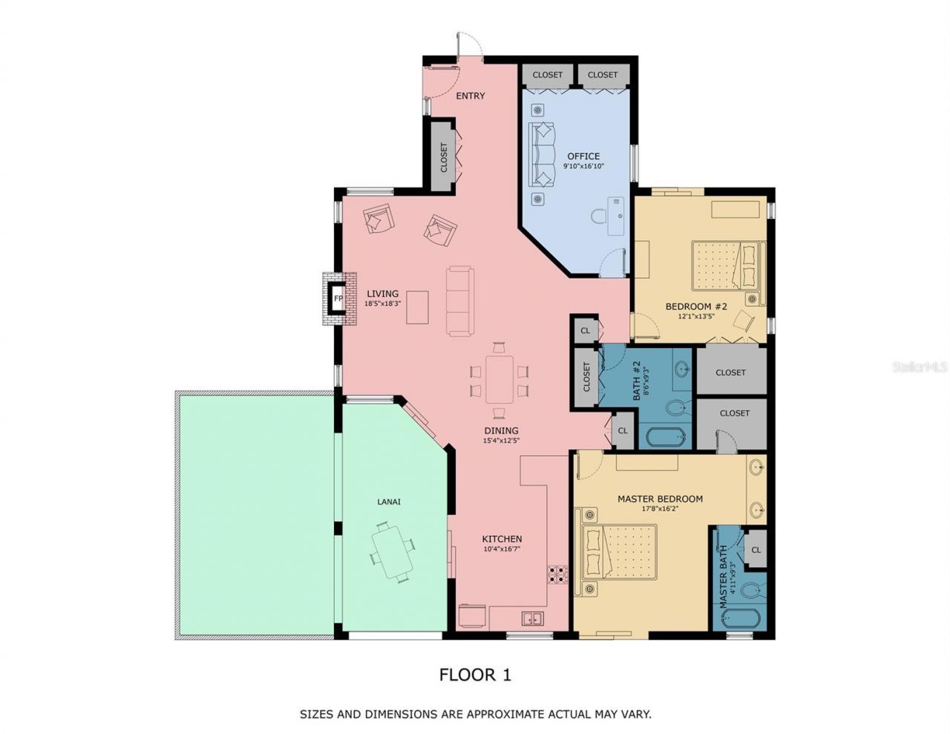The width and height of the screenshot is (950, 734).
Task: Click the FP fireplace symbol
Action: [338, 299]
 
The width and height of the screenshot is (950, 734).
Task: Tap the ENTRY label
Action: [470, 96]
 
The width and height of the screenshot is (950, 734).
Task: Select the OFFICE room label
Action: [583, 156]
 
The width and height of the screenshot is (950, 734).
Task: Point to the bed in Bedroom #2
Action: [727, 266]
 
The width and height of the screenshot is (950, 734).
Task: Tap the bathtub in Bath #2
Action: [666, 436]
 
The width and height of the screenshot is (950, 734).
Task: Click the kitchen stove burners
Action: [557, 574]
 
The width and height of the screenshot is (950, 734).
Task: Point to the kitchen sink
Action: [532, 617]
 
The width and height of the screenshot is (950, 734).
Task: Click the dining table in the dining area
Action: [499, 379]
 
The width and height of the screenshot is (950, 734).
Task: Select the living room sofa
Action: [459, 301]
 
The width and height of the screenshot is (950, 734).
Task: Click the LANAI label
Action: [389, 502]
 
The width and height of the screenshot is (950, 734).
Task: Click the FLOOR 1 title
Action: [475, 675]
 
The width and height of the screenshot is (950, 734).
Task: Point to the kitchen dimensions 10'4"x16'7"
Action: [502, 550]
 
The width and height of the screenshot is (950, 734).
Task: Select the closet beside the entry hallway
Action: [444, 157]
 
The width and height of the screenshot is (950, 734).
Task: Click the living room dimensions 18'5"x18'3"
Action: [382, 304]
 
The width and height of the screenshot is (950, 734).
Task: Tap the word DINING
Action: [501, 430]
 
